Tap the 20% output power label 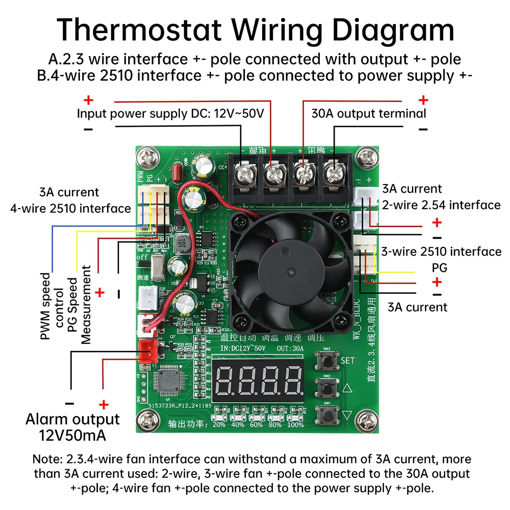pos(219,424)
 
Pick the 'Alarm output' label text pos(72,419)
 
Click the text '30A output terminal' pos(369,113)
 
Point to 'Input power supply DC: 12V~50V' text pos(170,113)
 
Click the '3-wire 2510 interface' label pos(442,251)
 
